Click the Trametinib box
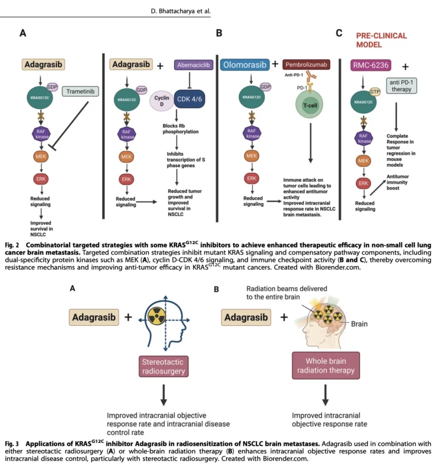(x=80, y=92)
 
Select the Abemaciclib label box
(x=193, y=65)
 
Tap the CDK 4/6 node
(x=189, y=99)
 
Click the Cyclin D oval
(x=162, y=100)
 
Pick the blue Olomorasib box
(x=244, y=65)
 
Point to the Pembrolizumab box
(x=306, y=65)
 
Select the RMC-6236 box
(x=371, y=65)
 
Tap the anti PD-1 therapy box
(x=402, y=86)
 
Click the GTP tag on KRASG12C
(x=375, y=92)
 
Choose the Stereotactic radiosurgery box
(x=164, y=367)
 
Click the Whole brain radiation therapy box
(x=326, y=365)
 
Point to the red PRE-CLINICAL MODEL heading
(x=382, y=40)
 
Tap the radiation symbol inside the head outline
(x=157, y=316)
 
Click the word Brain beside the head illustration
(x=359, y=324)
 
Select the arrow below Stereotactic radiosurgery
(x=164, y=395)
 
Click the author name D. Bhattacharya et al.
(x=181, y=11)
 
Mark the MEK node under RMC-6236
(x=363, y=161)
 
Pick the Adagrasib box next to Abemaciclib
(x=131, y=64)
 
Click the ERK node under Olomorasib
(x=251, y=179)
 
